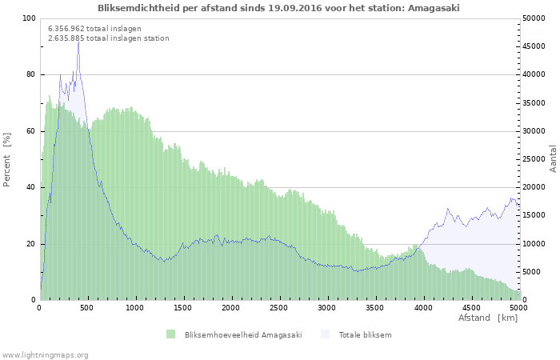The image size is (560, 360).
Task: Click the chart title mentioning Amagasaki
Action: click(278, 8)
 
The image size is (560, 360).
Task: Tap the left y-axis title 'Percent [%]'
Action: click(8, 159)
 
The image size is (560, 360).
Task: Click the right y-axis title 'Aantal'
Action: click(553, 159)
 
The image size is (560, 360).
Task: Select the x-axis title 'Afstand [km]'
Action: click(487, 318)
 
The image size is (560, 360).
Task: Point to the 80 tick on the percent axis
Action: click(31, 74)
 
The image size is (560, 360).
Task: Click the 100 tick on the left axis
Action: click(29, 18)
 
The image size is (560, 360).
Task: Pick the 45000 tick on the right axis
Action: click(534, 46)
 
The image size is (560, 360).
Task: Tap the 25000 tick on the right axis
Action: click(534, 159)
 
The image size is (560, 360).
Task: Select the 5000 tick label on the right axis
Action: click(532, 272)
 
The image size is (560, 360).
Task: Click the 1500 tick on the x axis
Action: click(183, 307)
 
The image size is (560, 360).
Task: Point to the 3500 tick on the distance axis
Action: click(374, 307)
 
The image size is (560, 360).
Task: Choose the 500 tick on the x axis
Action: click(88, 307)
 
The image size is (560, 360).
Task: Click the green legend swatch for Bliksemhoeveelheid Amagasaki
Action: click(170, 334)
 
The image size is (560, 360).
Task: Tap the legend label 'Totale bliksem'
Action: click(365, 334)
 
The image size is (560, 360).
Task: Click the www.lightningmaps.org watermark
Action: click(45, 354)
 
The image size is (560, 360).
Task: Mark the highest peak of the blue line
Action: click(78, 39)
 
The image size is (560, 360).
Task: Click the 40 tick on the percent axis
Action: click(31, 187)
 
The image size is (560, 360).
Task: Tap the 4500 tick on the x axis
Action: click(470, 307)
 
